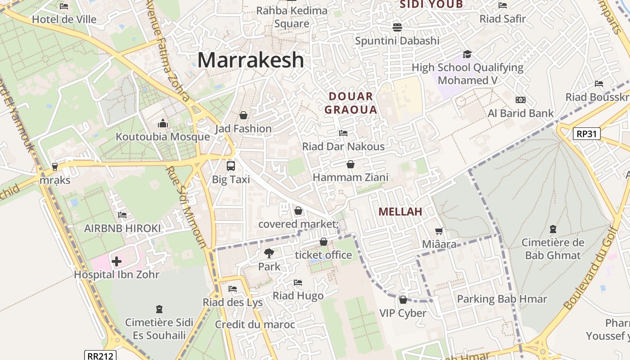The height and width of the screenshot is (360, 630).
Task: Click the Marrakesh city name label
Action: pos(251,60)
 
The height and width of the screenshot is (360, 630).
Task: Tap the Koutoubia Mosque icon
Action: pos(162,123)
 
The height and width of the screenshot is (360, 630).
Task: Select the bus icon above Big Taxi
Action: pos(231,166)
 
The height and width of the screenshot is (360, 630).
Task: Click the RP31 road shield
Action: pos(587,133)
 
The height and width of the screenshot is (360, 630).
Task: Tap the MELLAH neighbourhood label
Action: pos(400,211)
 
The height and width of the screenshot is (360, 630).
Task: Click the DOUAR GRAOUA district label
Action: pos(351,103)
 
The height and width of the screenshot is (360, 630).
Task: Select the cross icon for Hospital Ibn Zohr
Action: pos(117,261)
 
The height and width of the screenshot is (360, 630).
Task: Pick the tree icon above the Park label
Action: pos(269,253)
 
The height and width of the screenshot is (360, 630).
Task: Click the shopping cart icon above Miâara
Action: pos(439,231)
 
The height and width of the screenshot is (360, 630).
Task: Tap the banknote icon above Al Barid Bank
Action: pos(521,100)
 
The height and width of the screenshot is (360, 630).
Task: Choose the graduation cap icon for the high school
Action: pos(467,54)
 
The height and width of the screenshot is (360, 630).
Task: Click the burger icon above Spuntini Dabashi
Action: pos(397,27)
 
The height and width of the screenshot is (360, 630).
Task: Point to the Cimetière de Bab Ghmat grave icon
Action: pos(553,229)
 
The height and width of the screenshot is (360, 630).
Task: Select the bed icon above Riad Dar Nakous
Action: pos(343,133)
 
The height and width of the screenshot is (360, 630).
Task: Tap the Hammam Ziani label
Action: pos(351,177)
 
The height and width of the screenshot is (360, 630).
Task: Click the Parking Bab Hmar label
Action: pos(502,299)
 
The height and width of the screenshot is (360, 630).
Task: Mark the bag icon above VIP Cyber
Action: pos(403,300)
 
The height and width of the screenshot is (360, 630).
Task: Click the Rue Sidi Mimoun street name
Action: pos(186,207)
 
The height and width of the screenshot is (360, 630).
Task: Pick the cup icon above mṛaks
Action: pos(55,166)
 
